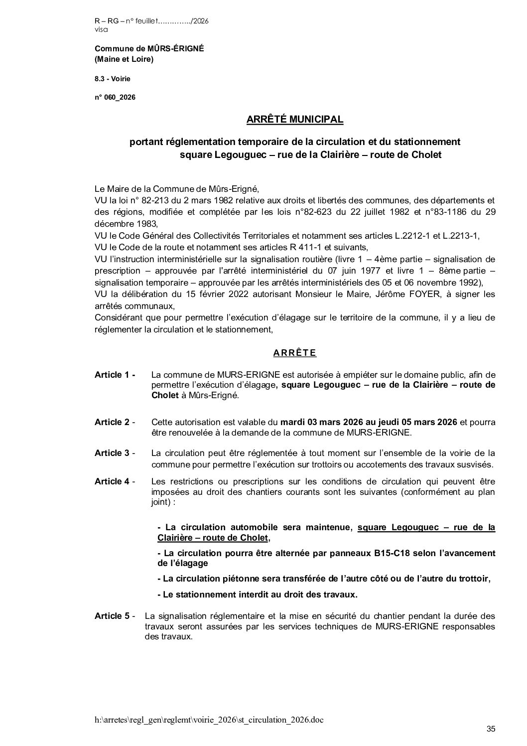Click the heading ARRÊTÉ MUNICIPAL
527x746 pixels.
point(295,120)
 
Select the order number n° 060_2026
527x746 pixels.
point(115,98)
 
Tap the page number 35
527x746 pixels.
point(491,730)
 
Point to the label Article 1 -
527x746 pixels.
point(115,375)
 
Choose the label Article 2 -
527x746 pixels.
point(115,422)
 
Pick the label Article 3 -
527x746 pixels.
point(115,453)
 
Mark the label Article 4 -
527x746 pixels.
point(115,481)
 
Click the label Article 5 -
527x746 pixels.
point(115,616)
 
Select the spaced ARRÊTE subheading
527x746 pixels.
point(295,353)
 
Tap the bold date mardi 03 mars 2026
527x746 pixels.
point(316,422)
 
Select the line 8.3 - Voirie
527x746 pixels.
point(113,79)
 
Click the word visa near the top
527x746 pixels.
point(100,29)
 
